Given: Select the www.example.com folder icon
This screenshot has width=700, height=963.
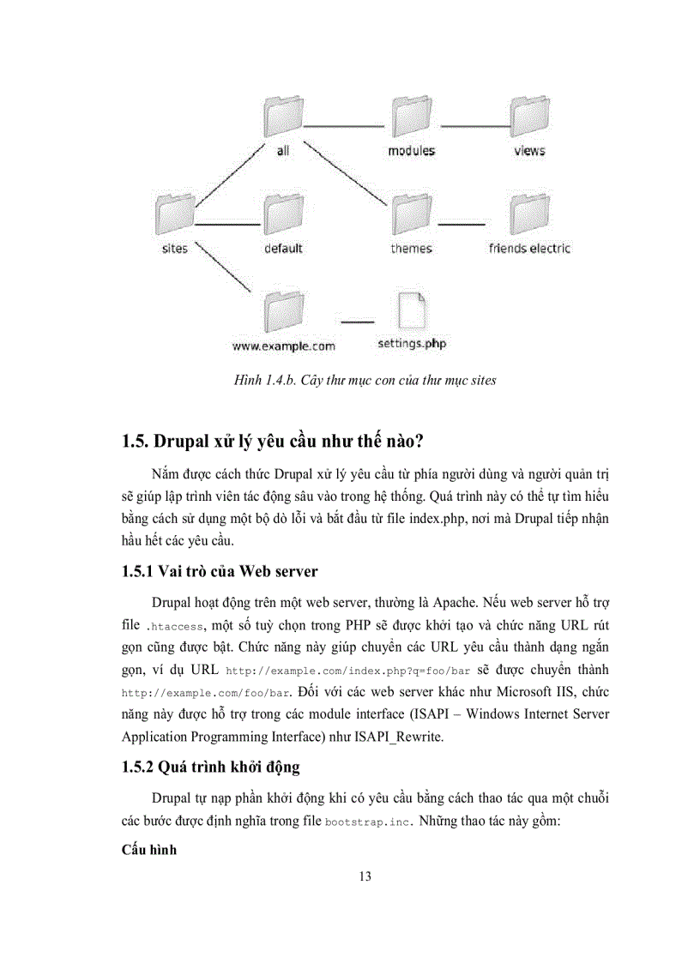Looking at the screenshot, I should tap(282, 310).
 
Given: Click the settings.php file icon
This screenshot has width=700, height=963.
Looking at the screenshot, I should tap(412, 310).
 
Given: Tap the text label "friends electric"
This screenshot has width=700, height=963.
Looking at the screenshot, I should tap(529, 249).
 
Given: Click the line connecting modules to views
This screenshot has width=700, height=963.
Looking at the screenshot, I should tap(471, 126).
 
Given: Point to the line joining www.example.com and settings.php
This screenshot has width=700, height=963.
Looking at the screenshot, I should tap(358, 322).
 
